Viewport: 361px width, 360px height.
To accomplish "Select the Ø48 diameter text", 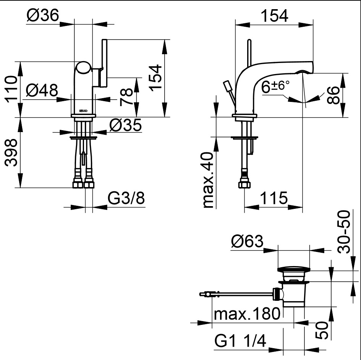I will pos(42,90).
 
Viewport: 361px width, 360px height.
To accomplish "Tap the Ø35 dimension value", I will pos(125,124).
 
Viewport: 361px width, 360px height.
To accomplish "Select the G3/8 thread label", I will pos(126,199).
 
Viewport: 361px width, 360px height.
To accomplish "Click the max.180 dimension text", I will pos(247,315).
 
